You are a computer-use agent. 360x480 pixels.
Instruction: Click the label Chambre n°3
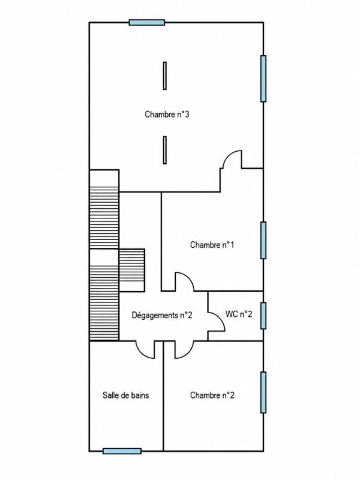point(167,115)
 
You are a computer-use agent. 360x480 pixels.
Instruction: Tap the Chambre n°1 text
point(212,245)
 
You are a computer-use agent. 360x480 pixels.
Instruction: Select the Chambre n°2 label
point(212,395)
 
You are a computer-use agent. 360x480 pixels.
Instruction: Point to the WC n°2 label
point(239,314)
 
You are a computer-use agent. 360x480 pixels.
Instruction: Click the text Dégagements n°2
point(162,315)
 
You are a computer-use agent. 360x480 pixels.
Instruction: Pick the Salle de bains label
point(125,395)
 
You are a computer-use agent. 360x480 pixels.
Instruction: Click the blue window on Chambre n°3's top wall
point(147,22)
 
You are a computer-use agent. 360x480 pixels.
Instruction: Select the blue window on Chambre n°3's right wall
point(263,79)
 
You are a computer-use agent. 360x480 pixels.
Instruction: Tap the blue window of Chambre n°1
point(263,241)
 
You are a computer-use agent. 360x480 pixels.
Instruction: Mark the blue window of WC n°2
point(263,316)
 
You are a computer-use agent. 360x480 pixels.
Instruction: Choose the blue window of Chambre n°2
point(263,392)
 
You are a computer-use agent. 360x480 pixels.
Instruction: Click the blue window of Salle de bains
point(122,451)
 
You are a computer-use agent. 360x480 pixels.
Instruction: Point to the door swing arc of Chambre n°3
point(228,155)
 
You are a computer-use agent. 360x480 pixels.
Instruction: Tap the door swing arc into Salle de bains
point(141,353)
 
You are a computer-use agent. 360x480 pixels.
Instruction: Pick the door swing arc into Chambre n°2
point(188,353)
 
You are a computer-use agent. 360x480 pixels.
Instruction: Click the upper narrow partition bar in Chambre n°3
point(164,76)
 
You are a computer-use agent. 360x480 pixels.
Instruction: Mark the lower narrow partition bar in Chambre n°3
point(164,150)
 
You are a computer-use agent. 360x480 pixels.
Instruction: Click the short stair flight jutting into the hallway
point(131,270)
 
